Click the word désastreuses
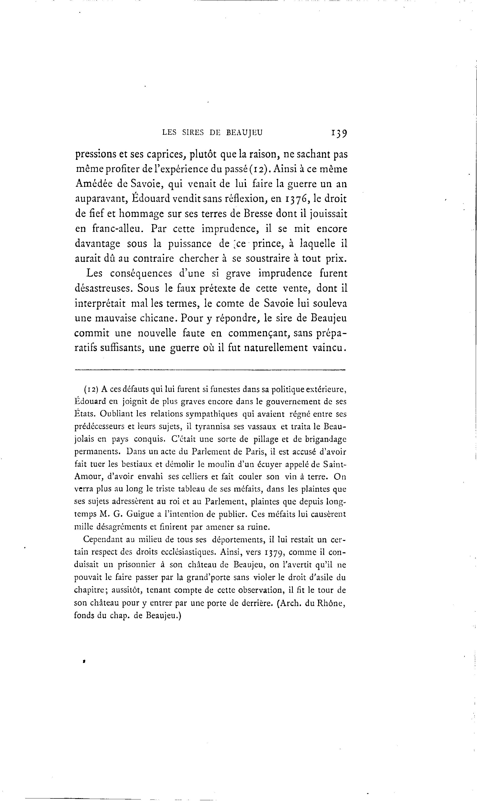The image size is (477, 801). click(x=103, y=288)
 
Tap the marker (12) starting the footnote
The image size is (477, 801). click(x=91, y=389)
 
